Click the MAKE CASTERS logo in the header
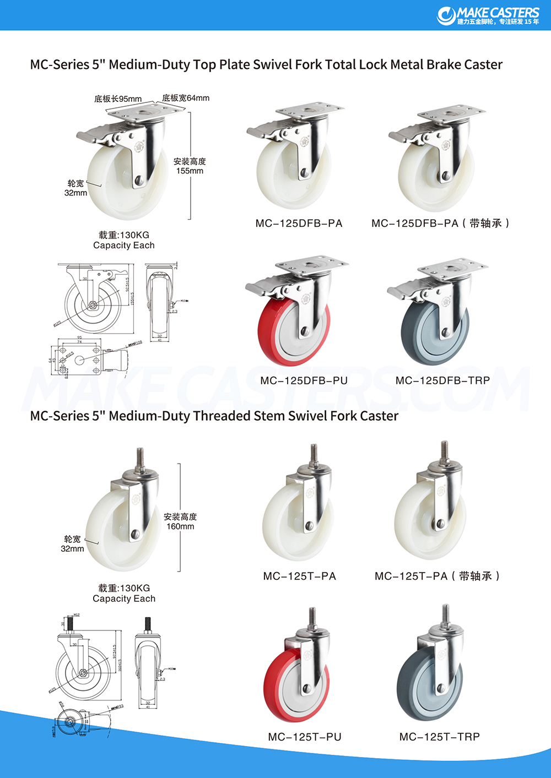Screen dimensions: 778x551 [x=488, y=15]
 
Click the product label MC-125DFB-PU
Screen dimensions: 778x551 [x=304, y=380]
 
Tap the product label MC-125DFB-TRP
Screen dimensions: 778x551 [x=442, y=380]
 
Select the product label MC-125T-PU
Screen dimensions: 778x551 [x=305, y=737]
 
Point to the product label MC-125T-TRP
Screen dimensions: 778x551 [x=439, y=737]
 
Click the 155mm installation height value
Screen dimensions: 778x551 [x=190, y=171]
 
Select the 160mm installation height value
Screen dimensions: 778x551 [x=180, y=527]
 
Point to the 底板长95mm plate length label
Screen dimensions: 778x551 [x=118, y=99]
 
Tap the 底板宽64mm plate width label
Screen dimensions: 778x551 [x=186, y=98]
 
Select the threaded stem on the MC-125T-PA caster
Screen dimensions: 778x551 [x=314, y=455]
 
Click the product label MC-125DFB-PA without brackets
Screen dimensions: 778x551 [x=299, y=224]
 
